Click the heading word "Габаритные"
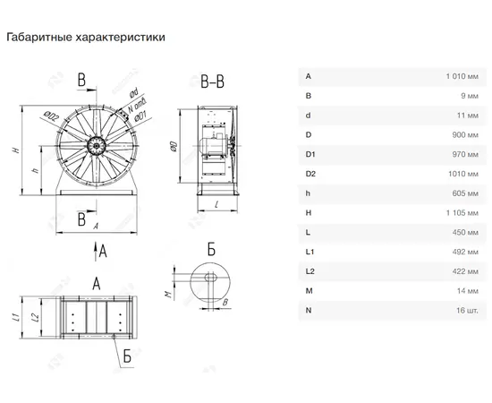39,38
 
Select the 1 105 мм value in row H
462,213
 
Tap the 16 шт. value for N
467,311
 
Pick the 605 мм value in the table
465,193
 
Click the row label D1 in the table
310,155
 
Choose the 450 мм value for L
465,233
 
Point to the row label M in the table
310,291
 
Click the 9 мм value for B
470,96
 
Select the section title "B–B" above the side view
212,81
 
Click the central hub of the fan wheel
97,146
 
